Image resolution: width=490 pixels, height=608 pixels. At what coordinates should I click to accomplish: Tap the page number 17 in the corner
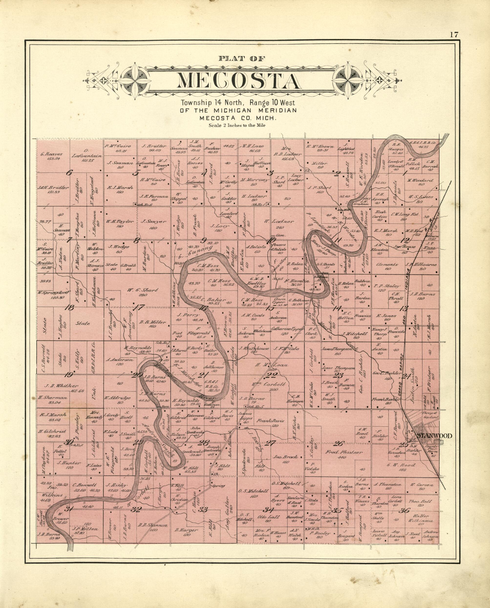(454, 35)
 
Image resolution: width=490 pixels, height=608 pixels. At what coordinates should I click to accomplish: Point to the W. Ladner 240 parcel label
(279, 224)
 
